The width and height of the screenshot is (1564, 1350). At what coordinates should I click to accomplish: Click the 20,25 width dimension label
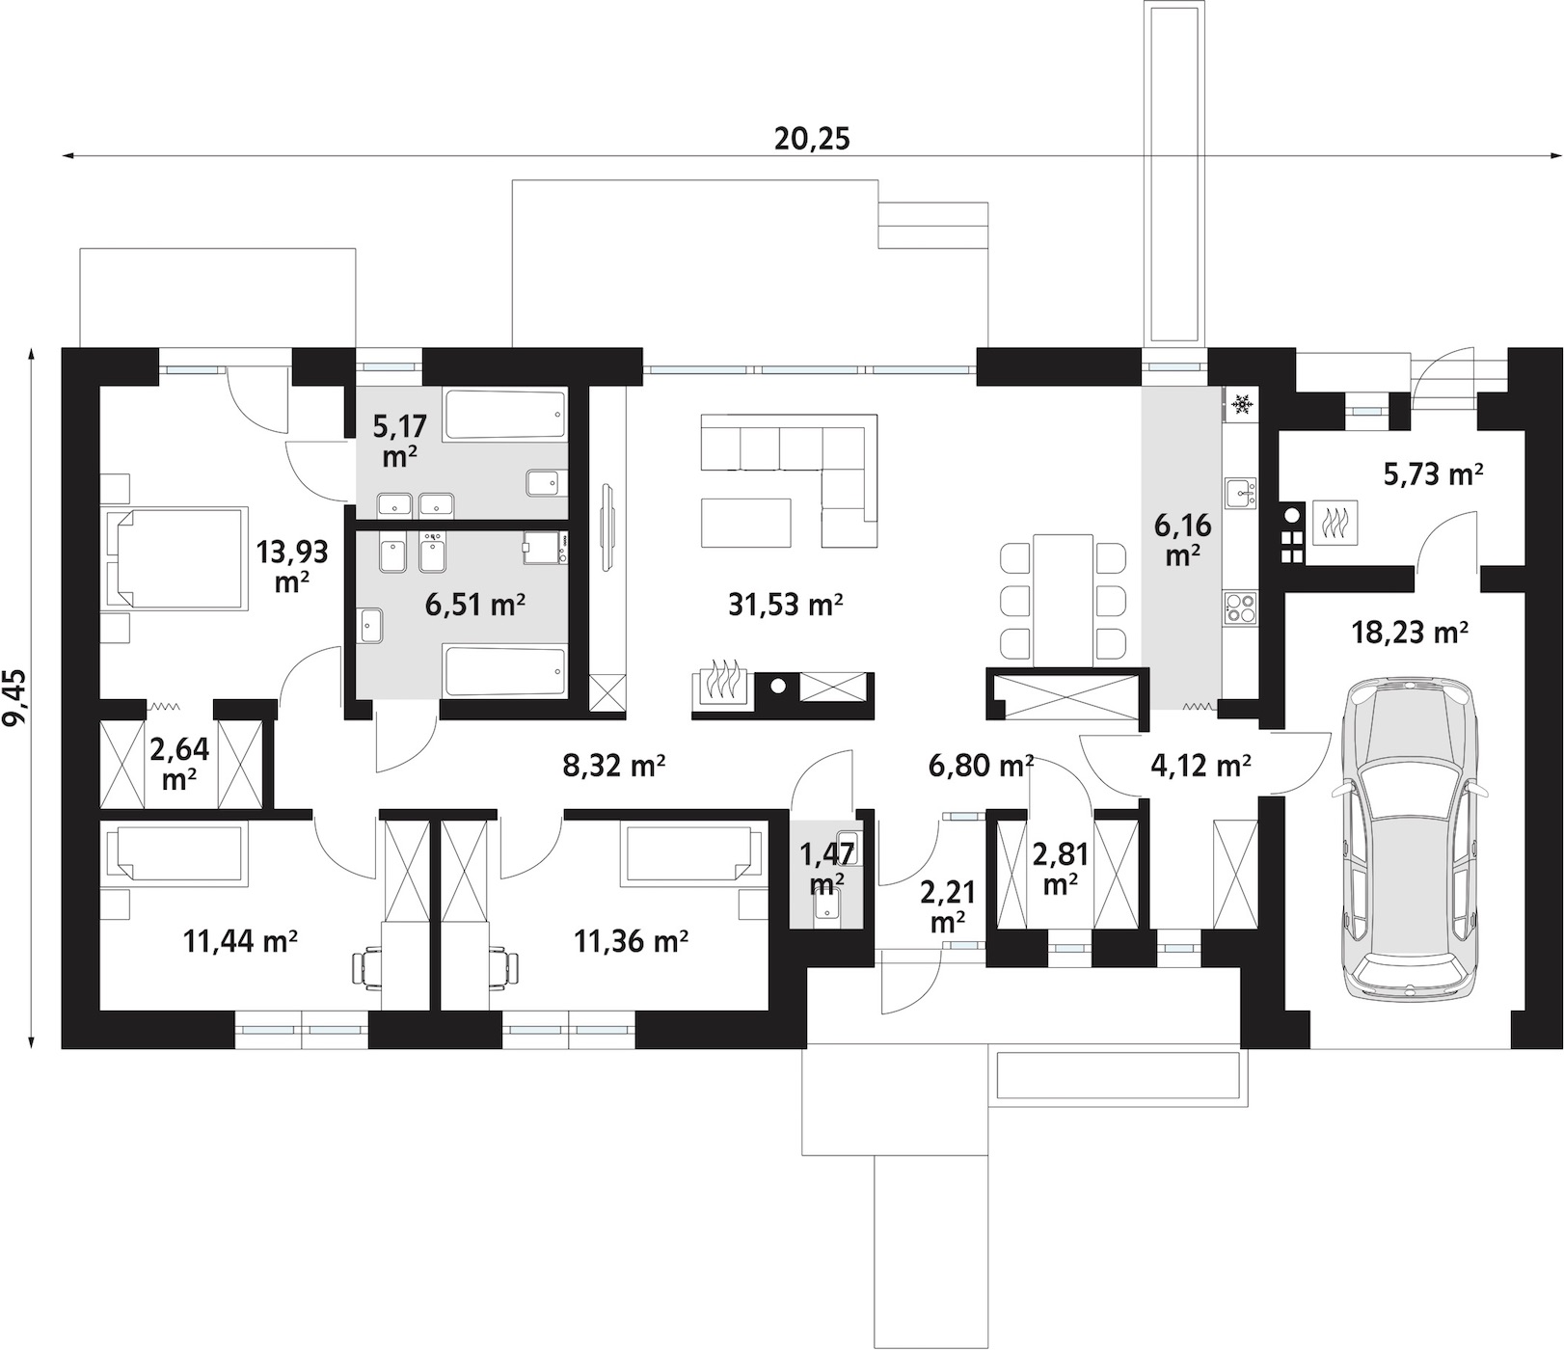click(x=812, y=139)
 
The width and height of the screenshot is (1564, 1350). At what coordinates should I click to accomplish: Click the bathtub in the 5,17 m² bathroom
click(x=504, y=416)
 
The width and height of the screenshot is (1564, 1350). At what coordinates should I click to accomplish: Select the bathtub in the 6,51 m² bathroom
click(x=504, y=671)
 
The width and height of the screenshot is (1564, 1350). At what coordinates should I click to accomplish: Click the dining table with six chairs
click(x=1064, y=599)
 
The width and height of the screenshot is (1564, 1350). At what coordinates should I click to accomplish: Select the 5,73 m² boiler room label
click(x=1433, y=473)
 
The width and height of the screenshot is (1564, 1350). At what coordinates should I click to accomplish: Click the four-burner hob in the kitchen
click(x=1240, y=607)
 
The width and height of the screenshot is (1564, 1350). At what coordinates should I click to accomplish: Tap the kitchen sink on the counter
click(x=1240, y=494)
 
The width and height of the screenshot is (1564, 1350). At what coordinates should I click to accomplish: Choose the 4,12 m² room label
click(x=1200, y=767)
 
